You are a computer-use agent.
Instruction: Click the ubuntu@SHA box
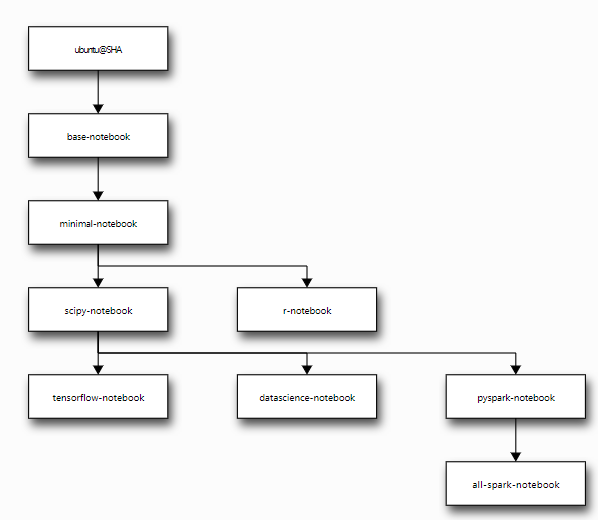coord(98,48)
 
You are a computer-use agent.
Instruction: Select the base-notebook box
coord(98,135)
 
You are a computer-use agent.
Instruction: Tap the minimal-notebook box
coord(98,222)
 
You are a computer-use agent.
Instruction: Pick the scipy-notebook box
coord(98,309)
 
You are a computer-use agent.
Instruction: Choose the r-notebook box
coord(307,309)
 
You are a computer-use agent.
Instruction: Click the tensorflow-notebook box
coord(98,396)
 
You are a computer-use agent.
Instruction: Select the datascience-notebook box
coord(307,396)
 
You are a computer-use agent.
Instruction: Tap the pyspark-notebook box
coord(516,396)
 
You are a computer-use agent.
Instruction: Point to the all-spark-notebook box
coord(516,483)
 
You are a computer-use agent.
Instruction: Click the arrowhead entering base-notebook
coord(98,109)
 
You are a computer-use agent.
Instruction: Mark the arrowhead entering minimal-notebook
coord(98,196)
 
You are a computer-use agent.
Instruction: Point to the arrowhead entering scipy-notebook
coord(98,283)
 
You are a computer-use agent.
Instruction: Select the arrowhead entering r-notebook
coord(307,283)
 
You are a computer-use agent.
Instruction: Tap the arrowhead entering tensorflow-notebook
coord(98,370)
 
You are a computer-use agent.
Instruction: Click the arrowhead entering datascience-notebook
coord(307,370)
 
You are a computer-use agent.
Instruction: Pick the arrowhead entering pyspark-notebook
coord(516,370)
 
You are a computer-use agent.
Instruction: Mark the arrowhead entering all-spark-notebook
coord(516,457)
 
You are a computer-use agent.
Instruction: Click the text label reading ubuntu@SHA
coord(98,50)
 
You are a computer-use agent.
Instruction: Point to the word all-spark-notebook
coord(516,485)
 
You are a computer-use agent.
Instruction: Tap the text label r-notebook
coord(307,311)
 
